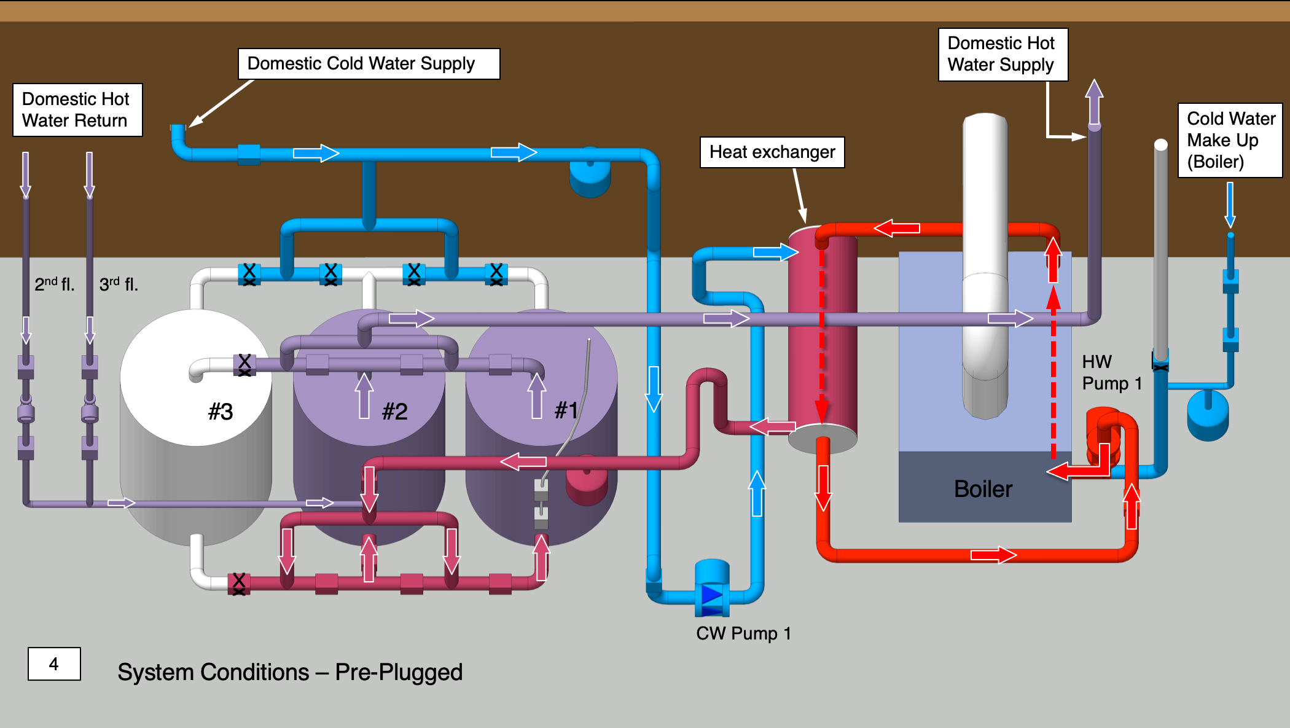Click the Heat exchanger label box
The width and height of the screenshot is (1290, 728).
point(772,152)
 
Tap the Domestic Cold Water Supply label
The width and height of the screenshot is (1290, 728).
point(369,64)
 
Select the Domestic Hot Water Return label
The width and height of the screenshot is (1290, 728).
point(77,110)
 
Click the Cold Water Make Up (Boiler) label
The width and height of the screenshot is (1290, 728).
point(1230,140)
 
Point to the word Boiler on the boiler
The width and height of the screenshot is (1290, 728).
point(983,489)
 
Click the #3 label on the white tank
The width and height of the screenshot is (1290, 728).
point(221,412)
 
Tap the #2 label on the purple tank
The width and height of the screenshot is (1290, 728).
point(394,412)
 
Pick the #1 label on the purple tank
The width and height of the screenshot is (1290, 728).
point(566,410)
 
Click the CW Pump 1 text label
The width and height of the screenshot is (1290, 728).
point(743,633)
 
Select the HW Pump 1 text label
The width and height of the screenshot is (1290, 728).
point(1111,372)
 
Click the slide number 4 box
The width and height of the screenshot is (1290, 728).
point(54,664)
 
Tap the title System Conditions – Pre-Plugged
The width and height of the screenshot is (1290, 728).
point(290,672)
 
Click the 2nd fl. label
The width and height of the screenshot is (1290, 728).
point(54,284)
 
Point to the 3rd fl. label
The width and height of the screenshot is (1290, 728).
point(119,284)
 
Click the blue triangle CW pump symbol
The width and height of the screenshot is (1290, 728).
point(712,595)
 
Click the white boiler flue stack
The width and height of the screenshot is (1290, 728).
point(985,246)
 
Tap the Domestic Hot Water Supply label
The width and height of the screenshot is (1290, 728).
point(1003,54)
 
